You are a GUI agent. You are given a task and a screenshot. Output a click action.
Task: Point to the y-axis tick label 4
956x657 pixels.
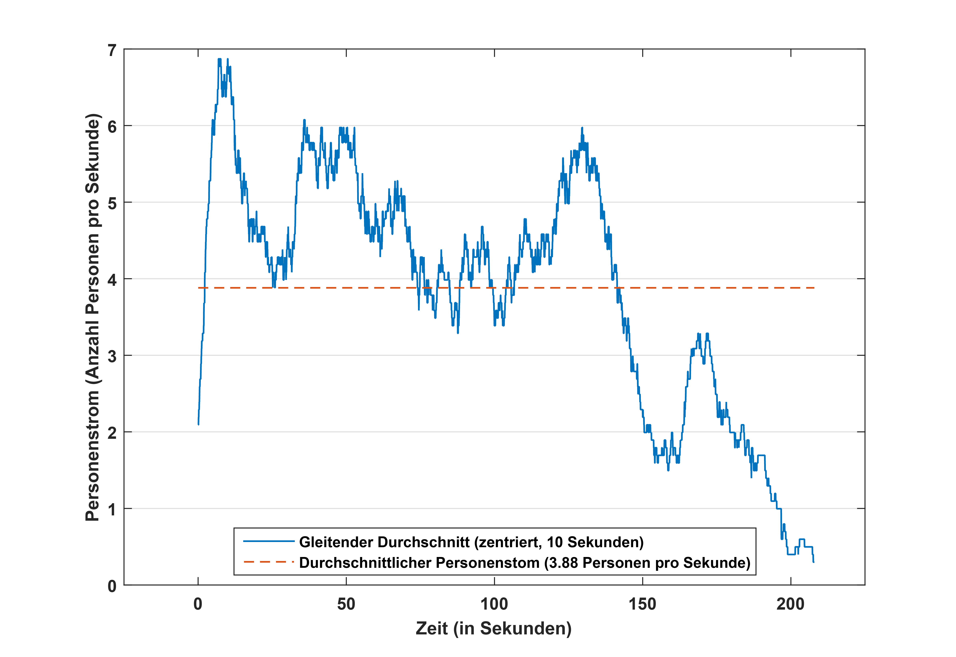click(x=112, y=280)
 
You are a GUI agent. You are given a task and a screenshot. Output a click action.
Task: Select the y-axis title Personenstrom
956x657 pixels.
click(x=93, y=317)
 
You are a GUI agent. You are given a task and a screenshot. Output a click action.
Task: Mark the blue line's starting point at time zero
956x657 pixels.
click(x=198, y=424)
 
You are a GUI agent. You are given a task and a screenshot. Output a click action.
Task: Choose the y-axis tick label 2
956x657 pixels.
click(x=112, y=433)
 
